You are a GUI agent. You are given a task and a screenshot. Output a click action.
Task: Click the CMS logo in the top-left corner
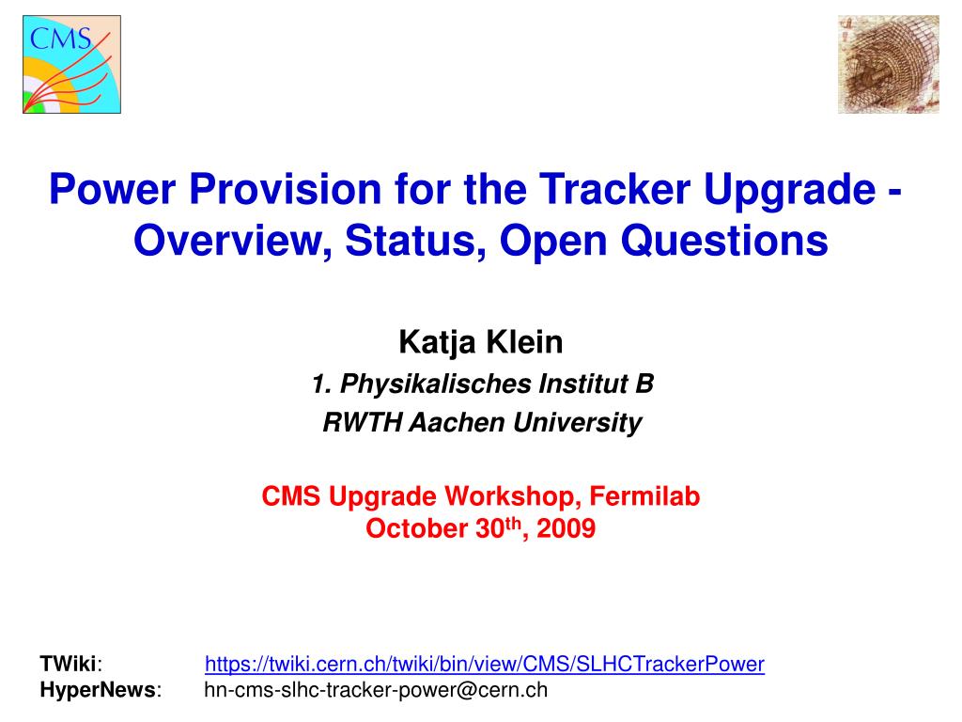coord(71,65)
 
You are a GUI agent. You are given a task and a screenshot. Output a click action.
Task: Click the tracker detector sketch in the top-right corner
coord(889,65)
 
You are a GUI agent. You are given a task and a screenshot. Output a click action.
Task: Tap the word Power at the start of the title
coord(113,188)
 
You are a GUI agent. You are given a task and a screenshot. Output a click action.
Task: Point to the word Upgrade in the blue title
coord(789,190)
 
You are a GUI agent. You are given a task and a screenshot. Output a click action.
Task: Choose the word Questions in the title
coord(724,240)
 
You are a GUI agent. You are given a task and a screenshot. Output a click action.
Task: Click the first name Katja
coord(437,342)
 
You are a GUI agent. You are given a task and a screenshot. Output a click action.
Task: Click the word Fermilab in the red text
coord(644,496)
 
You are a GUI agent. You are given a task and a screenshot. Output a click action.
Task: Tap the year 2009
coord(566,528)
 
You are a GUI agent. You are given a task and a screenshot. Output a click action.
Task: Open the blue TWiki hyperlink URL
coord(485,665)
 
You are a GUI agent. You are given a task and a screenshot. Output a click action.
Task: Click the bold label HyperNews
coord(98,690)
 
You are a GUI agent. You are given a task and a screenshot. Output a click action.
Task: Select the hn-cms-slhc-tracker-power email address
coord(376,690)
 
